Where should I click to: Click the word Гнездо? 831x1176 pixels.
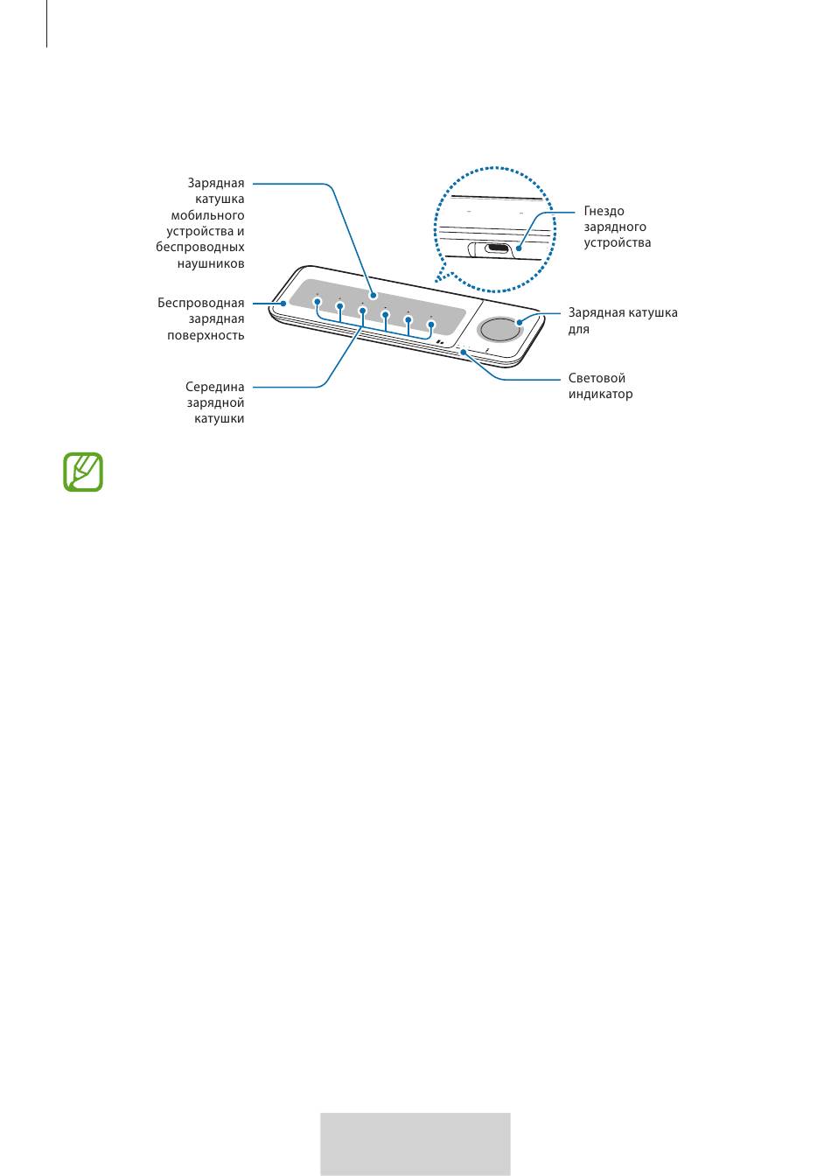click(604, 211)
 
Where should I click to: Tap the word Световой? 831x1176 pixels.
click(597, 378)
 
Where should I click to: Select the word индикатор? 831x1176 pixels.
click(600, 394)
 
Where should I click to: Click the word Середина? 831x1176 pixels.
click(214, 387)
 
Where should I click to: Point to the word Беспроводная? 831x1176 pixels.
click(201, 303)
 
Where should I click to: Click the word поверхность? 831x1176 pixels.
click(206, 335)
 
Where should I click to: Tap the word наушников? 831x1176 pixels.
click(211, 263)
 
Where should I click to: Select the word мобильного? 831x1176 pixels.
click(207, 215)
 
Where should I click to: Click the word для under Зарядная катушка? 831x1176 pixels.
click(578, 329)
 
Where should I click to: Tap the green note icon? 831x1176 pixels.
click(83, 472)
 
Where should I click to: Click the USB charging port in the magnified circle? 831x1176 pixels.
click(495, 248)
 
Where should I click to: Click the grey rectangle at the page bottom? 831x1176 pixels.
click(415, 1143)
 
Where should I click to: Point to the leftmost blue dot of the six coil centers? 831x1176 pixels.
click(317, 301)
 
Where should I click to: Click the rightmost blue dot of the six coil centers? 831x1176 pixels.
click(430, 325)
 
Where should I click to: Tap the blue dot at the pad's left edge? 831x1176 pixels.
click(283, 303)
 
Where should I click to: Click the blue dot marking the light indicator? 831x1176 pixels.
click(463, 352)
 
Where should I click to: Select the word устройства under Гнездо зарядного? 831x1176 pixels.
click(618, 242)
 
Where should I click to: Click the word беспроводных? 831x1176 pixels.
click(200, 247)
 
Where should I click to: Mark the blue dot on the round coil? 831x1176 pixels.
click(520, 322)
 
